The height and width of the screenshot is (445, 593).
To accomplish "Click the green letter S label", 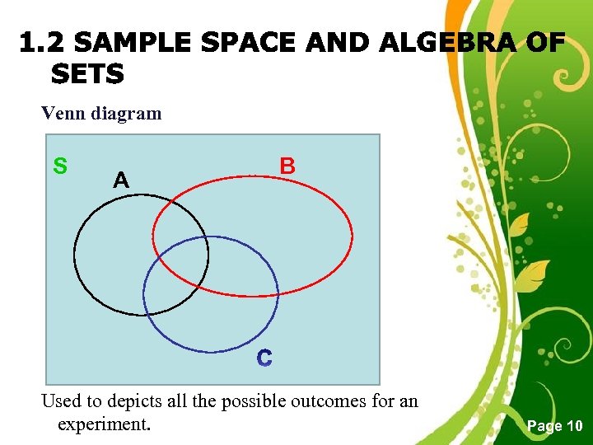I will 60,166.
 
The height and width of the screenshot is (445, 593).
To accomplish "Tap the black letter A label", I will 120,180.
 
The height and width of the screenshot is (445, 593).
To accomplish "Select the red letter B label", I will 287,166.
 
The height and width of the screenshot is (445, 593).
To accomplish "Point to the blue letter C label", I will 264,358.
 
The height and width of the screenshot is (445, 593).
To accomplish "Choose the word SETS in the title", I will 87,75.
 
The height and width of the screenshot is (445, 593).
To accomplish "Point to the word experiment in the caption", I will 104,424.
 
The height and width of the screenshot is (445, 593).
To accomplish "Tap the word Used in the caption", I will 60,401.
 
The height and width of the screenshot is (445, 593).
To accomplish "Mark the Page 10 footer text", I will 555,425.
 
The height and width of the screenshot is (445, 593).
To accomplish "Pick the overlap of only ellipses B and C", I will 239,272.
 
